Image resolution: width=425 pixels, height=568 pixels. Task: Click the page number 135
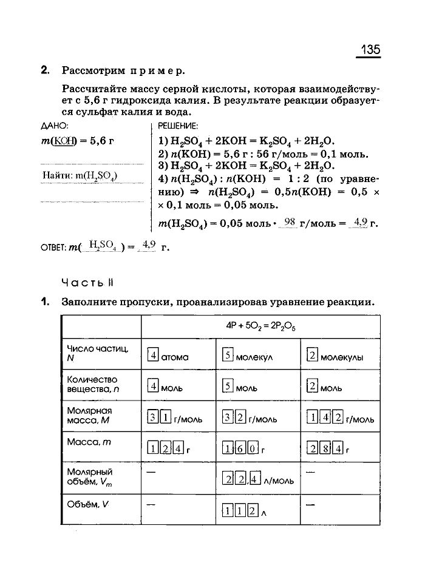coord(370,49)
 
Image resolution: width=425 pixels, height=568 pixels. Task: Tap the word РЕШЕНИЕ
coord(177,127)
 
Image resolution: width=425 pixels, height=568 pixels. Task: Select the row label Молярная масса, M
coord(89,415)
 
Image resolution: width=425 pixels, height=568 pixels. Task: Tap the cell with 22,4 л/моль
coord(258,479)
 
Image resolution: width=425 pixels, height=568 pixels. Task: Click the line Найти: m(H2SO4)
coord(80,176)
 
